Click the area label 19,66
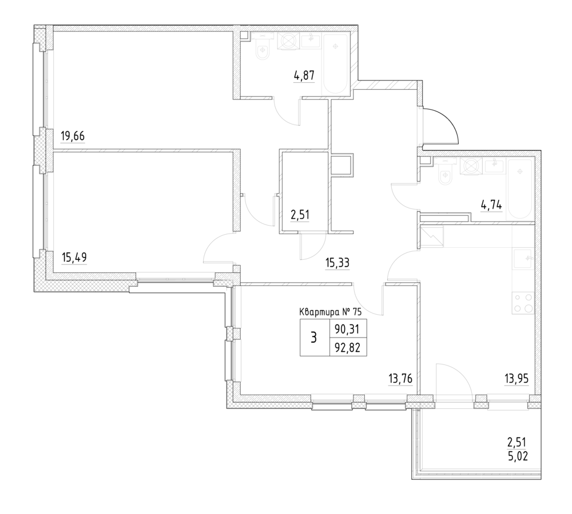tap(73, 136)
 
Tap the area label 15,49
tap(74, 258)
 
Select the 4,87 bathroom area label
tap(304, 75)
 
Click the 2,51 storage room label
tap(300, 215)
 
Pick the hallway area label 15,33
tap(337, 263)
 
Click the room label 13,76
tap(400, 379)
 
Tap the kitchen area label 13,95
tap(517, 379)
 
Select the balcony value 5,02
tap(518, 456)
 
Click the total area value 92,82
tap(348, 348)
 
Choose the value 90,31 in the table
tap(347, 330)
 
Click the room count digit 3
tap(313, 338)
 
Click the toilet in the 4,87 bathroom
tap(263, 52)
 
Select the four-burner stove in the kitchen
tap(523, 303)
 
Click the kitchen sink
tap(523, 259)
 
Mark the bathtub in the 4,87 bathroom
tap(335, 63)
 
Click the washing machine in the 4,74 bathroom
tap(471, 166)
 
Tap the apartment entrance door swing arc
tap(448, 119)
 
